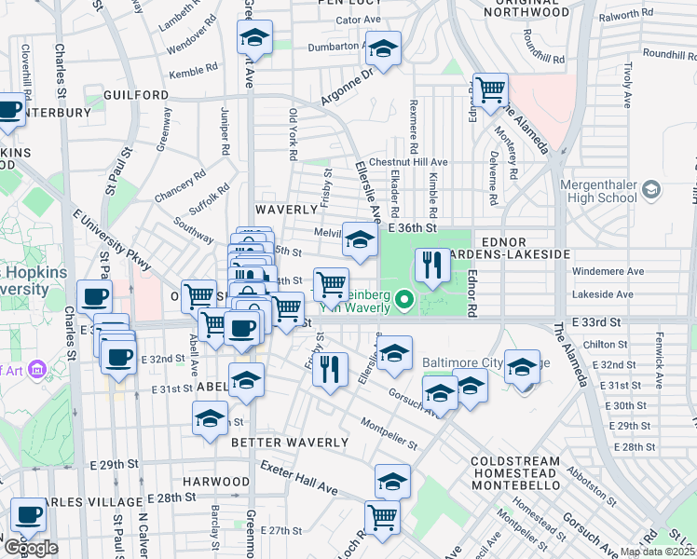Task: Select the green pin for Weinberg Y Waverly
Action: click(403, 300)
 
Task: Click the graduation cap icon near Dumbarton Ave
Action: click(382, 49)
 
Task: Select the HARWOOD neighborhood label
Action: click(216, 482)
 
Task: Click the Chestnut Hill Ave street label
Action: click(409, 162)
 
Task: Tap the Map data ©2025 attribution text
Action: click(657, 552)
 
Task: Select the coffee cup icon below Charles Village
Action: click(28, 514)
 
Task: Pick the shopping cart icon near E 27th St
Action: click(382, 516)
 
